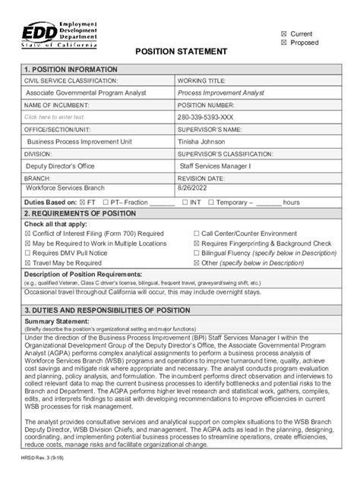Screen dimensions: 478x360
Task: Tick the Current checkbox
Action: pos(284,34)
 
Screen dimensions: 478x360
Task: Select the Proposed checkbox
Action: pos(284,43)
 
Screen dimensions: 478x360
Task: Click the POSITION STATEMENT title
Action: pos(181,52)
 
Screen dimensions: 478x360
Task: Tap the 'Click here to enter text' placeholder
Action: pos(55,118)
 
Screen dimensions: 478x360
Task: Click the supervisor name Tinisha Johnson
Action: pos(207,141)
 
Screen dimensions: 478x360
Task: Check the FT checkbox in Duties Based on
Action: pos(83,203)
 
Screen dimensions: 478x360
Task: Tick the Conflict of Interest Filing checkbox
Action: pos(28,234)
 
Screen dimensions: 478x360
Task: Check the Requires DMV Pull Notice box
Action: pos(28,253)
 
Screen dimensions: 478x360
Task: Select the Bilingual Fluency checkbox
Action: pos(196,253)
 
